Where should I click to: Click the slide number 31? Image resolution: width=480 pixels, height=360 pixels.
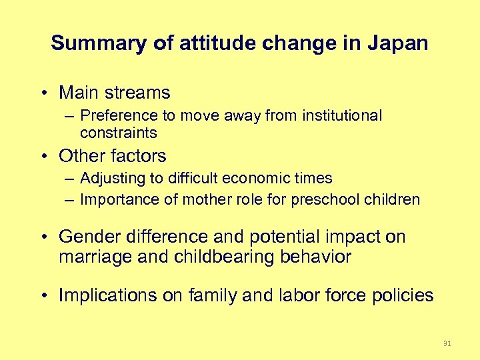pos(447,343)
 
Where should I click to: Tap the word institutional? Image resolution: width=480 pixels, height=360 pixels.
pos(342,116)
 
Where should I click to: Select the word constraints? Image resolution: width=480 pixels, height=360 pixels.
pos(118,133)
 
